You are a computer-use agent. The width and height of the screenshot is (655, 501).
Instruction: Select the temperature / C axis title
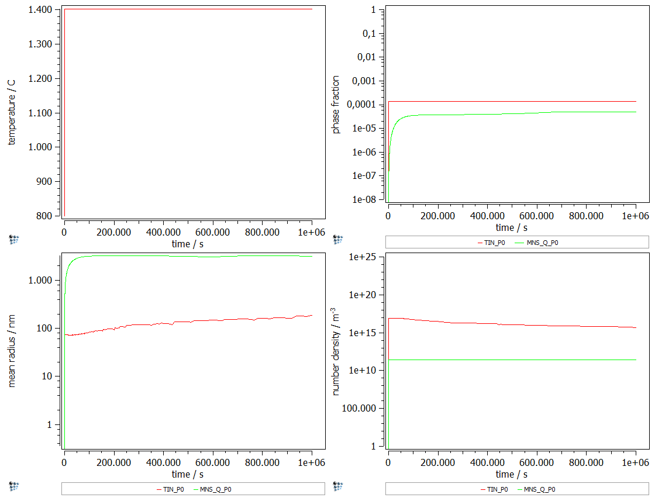[12, 112]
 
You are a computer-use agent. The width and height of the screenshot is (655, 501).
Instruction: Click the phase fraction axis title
[336, 104]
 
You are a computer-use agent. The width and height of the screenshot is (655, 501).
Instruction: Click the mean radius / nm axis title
[12, 351]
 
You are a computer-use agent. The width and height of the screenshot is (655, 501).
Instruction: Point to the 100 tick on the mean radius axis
[46, 328]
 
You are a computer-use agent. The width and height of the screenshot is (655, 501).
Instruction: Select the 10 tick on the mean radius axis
[48, 376]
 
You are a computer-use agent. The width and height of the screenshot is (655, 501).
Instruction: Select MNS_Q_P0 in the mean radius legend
[216, 489]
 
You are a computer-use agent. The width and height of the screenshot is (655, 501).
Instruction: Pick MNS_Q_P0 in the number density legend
[540, 489]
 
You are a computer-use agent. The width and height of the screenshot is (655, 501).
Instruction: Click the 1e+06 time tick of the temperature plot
[312, 232]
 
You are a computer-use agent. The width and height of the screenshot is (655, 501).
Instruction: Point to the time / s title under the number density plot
[512, 474]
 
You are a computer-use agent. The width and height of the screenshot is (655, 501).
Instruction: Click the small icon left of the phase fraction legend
[338, 239]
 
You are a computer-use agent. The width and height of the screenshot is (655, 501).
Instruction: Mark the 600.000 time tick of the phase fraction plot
[537, 216]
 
